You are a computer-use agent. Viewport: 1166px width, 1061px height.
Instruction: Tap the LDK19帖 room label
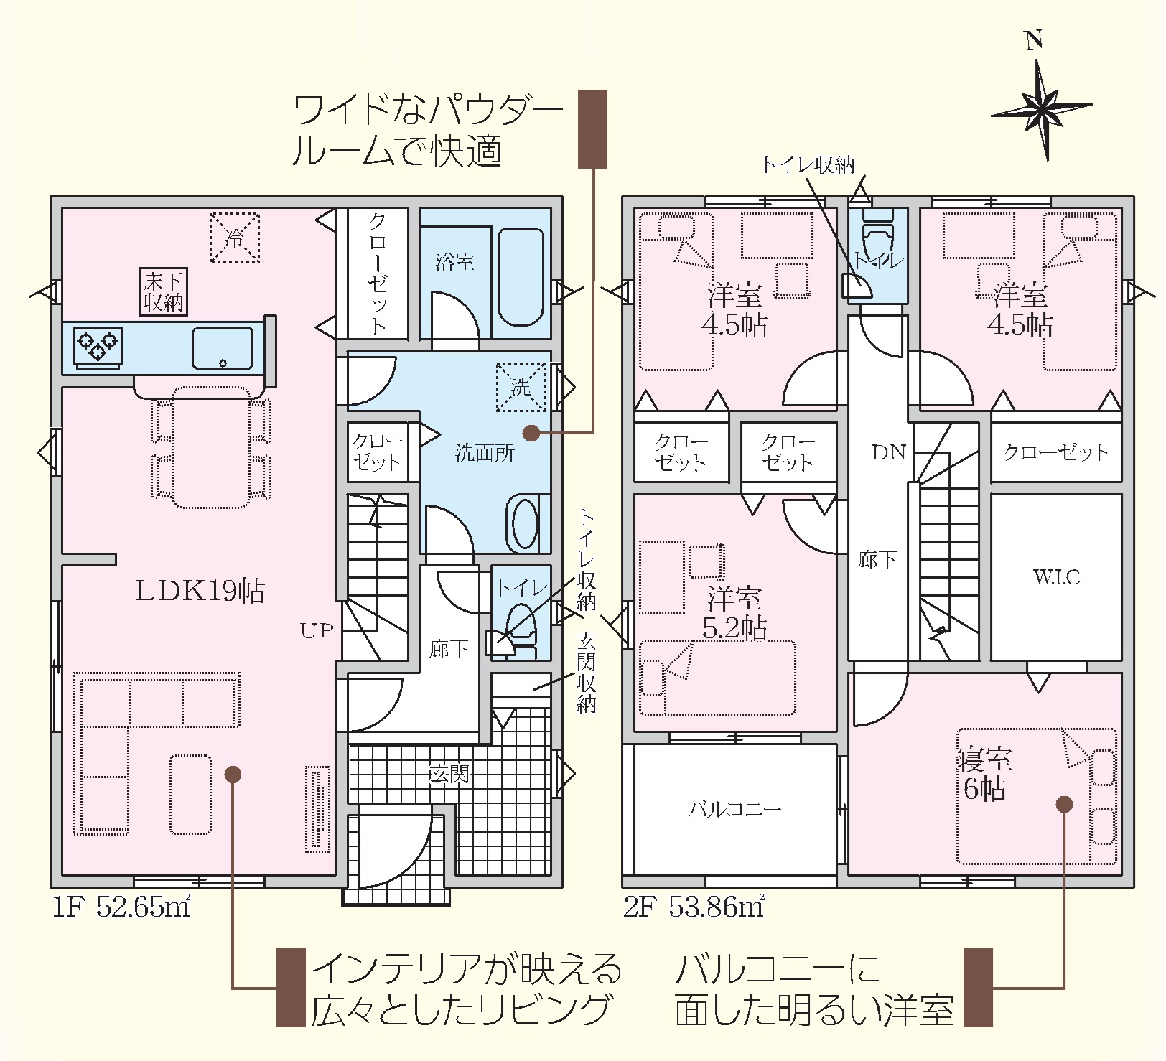(200, 591)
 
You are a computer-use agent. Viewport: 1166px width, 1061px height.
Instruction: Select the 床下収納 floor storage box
(164, 292)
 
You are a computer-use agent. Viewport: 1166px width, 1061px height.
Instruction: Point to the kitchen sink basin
(223, 348)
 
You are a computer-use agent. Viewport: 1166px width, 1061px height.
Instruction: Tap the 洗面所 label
(485, 453)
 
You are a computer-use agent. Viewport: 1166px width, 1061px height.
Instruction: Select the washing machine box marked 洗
(521, 387)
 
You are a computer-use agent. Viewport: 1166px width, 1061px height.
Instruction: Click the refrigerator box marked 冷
(235, 238)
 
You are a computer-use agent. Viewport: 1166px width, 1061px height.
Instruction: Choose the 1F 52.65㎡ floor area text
(121, 907)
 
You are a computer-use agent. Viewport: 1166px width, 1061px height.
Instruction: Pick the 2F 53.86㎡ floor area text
(694, 907)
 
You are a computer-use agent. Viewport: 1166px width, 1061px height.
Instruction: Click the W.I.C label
(1056, 577)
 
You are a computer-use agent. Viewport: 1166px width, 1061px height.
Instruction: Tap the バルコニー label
(734, 810)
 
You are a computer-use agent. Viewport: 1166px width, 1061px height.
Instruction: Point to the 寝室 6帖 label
(985, 774)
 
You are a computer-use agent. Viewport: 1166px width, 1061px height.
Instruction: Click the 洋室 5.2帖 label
(734, 612)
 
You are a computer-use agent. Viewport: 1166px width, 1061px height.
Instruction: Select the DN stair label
(889, 452)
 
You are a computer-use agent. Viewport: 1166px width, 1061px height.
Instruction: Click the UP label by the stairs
(317, 631)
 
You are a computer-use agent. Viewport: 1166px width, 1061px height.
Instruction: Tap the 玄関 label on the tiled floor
(449, 774)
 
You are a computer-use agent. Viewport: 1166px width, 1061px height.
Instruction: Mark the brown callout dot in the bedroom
(1064, 804)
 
